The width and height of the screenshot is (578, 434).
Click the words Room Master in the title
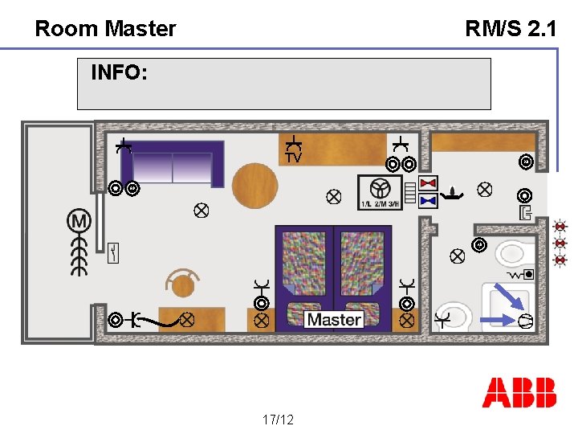pos(105,29)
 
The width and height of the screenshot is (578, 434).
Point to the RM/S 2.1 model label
pos(511,29)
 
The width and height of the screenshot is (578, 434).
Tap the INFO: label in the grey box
pos(119,73)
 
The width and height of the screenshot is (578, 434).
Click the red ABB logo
pos(519,392)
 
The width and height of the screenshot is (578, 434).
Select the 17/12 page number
pos(278,420)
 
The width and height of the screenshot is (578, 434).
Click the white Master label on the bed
pos(334,319)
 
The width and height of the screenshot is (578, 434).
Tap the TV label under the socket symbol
pos(294,158)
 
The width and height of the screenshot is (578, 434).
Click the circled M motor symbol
pos(79,220)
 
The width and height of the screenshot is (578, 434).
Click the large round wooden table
pos(254,186)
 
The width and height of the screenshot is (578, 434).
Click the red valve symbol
pos(428,182)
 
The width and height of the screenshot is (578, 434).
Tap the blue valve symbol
pos(428,199)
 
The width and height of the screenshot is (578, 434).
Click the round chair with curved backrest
pos(183,283)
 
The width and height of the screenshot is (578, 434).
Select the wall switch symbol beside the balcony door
pos(114,253)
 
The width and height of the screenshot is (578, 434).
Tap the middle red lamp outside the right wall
pos(560,243)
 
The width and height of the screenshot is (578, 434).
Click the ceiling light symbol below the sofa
pos(201,211)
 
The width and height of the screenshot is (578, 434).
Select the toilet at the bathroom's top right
pos(511,255)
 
